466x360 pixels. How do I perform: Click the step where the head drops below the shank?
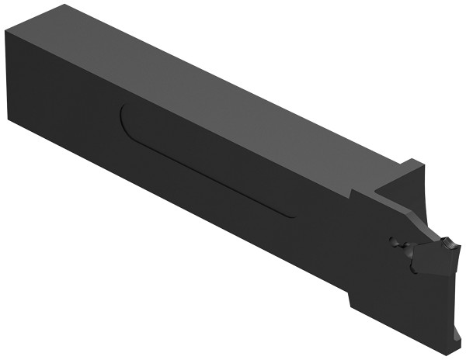coord(351,299)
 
